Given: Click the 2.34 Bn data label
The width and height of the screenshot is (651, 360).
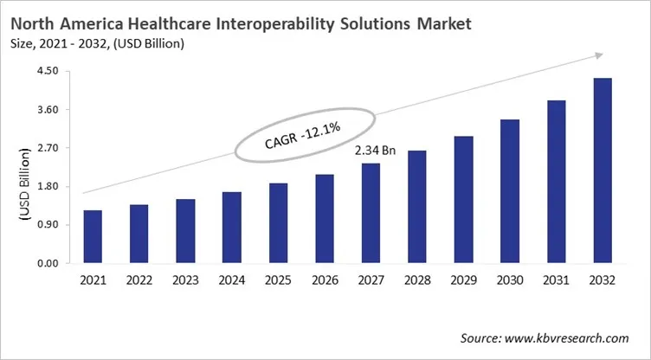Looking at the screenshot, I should [375, 151].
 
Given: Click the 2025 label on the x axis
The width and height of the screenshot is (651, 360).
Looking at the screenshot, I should [278, 281].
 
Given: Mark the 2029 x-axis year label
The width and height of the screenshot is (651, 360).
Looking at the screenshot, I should [463, 281].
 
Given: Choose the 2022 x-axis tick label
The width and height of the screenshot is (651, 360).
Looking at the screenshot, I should [139, 281].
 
